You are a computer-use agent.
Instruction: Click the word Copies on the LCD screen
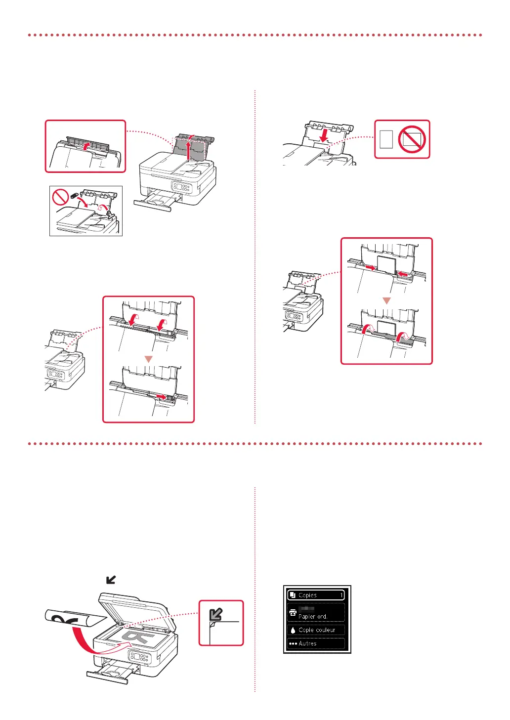coord(307,595)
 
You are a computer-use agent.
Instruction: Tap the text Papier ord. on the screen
coord(313,617)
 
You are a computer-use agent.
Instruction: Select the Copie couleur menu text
coord(317,630)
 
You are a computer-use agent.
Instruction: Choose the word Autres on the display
coord(308,643)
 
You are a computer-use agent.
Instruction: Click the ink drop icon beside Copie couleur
coord(293,630)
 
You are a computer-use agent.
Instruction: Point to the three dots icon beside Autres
coord(293,643)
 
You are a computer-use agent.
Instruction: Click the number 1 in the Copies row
coord(341,595)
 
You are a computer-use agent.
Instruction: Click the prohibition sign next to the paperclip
coord(60,197)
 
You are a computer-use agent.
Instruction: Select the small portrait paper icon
coord(387,139)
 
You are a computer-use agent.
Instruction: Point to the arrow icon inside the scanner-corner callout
coord(215,614)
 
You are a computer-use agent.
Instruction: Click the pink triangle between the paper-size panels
coord(387,300)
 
